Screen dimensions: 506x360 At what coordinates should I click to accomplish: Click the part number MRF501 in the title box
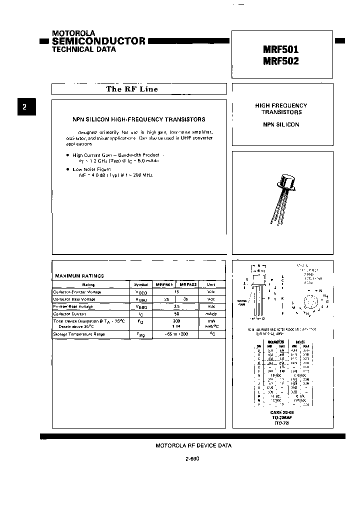[x=280, y=50]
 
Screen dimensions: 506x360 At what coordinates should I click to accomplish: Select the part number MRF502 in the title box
[x=280, y=61]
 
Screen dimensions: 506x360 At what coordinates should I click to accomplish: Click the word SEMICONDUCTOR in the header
[x=99, y=41]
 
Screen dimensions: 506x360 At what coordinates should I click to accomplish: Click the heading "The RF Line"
[x=132, y=89]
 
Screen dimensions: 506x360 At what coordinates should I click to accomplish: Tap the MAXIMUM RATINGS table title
[x=79, y=275]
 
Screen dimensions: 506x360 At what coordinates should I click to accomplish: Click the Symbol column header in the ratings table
[x=141, y=284]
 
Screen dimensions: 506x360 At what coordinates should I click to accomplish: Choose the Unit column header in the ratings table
[x=211, y=284]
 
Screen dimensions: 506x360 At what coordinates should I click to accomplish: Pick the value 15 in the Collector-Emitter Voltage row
[x=176, y=291]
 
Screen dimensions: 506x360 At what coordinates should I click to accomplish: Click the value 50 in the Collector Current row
[x=176, y=313]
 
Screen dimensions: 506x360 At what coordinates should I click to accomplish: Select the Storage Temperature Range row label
[x=79, y=333]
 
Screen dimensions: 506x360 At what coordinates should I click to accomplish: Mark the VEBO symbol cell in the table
[x=141, y=306]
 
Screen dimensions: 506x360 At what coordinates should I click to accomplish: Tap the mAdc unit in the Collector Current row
[x=211, y=313]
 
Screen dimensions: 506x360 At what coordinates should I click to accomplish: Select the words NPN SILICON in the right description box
[x=281, y=124]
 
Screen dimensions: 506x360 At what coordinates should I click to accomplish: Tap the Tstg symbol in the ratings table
[x=141, y=334]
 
